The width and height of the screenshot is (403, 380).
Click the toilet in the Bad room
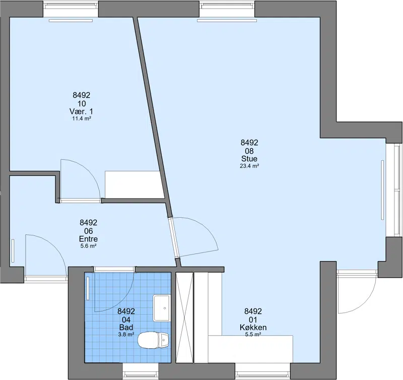153,340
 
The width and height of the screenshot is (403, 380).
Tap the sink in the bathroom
161,308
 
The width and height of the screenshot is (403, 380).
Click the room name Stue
249,158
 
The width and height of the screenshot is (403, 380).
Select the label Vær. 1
81,111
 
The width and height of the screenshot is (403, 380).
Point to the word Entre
89,238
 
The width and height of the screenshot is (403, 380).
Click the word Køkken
253,327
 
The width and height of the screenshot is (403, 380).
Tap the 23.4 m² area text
249,166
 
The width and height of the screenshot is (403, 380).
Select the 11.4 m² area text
82,118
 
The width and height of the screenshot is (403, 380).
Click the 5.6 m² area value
89,246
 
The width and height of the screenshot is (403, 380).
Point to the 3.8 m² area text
126,335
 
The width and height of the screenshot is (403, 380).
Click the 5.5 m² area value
253,334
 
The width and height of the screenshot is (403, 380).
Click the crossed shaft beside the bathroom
184,318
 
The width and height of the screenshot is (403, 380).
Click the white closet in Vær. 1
134,184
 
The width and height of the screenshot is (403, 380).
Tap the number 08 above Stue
249,151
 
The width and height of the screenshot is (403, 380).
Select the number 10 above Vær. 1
82,104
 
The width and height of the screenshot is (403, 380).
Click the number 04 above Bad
126,320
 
